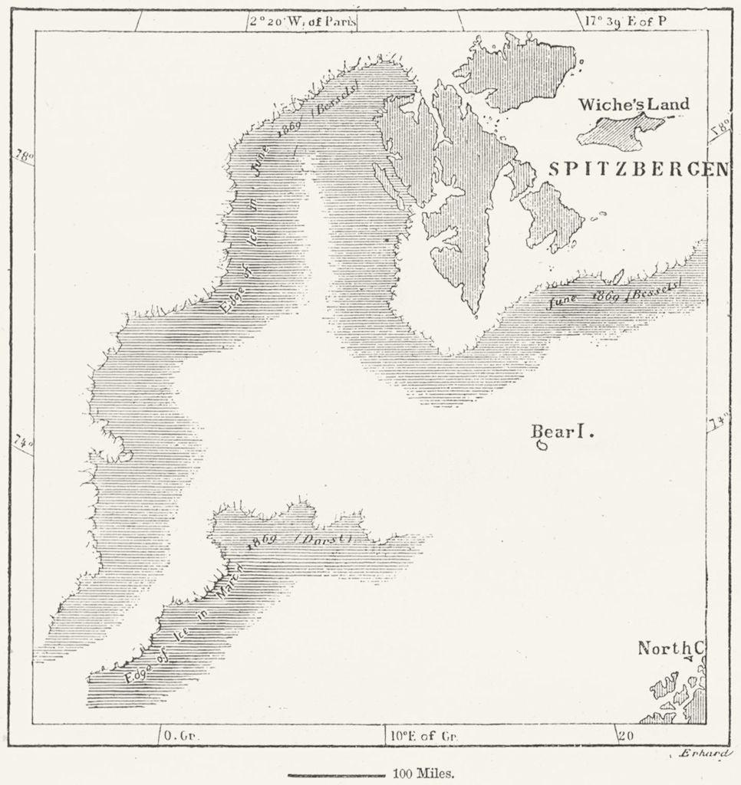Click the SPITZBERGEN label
(x=637, y=169)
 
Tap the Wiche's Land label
(x=633, y=104)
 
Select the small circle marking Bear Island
(x=542, y=445)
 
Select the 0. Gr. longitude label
(x=182, y=736)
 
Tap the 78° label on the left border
(x=24, y=157)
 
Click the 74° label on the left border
(x=23, y=443)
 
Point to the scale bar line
(x=335, y=775)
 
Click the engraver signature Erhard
(x=703, y=754)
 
